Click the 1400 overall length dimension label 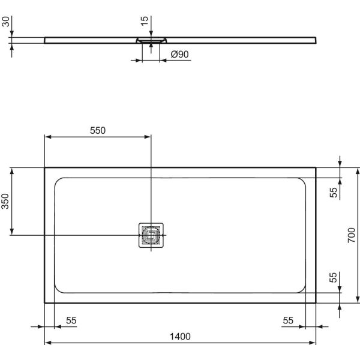(180, 336)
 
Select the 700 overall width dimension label (352, 236)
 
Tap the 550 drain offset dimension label (98, 131)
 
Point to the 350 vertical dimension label (5, 201)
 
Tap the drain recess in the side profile (151, 40)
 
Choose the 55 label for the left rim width (71, 321)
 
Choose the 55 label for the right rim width (288, 321)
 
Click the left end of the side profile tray (46, 40)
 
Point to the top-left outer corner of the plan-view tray (45, 167)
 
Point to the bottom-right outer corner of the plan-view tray (316, 303)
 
